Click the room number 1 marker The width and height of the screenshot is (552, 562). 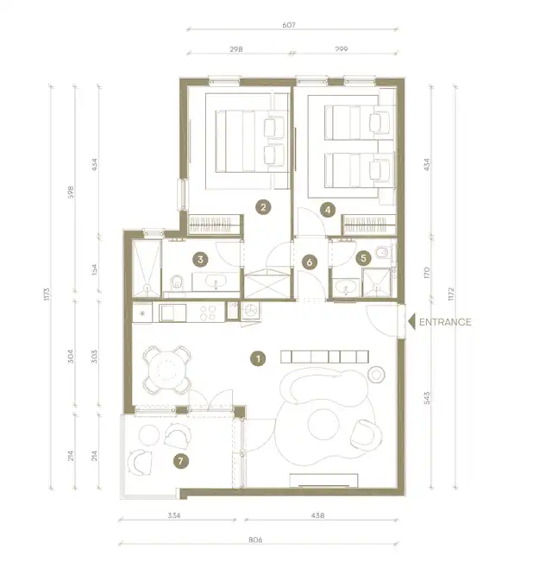(x=258, y=358)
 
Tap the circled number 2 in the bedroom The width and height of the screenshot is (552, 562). (x=263, y=207)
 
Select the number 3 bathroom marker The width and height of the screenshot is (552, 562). (x=200, y=260)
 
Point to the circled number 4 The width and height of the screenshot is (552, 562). (x=328, y=210)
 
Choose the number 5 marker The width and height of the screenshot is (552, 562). (x=363, y=258)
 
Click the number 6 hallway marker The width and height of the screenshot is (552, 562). (x=310, y=262)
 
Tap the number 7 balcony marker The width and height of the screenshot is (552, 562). (x=180, y=461)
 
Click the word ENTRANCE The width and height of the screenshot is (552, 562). (x=445, y=322)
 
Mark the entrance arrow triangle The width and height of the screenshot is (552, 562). (x=411, y=321)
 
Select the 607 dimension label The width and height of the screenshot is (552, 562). (x=289, y=25)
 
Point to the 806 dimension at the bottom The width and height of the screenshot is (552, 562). (x=255, y=540)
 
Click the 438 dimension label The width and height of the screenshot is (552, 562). (x=318, y=515)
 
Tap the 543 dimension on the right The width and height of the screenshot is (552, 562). (x=427, y=398)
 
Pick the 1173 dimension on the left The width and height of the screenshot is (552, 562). (x=47, y=294)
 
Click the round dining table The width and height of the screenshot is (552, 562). (x=166, y=369)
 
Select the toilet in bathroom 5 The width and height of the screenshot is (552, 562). (x=383, y=252)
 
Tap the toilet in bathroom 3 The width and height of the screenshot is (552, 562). (x=177, y=282)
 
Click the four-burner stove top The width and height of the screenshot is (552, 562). (x=208, y=313)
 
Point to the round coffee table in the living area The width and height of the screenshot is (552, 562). (x=323, y=425)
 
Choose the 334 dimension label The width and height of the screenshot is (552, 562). (x=174, y=515)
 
